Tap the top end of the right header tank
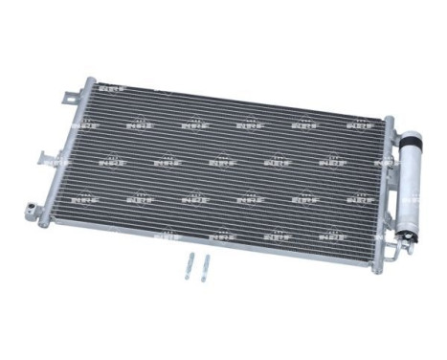[391, 120]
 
